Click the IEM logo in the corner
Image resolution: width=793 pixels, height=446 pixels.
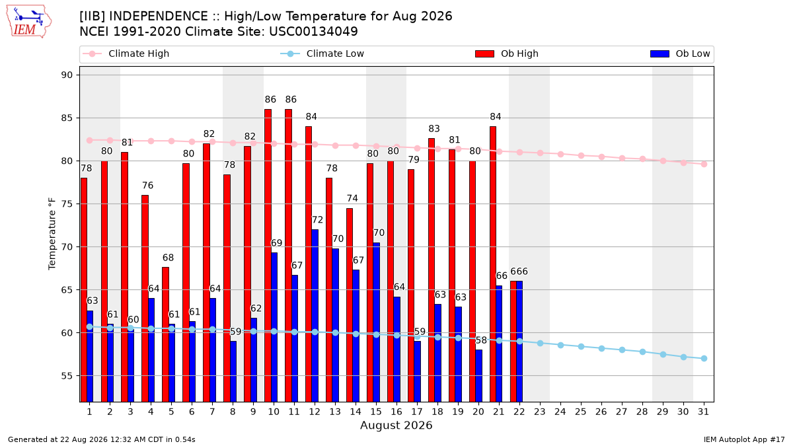pyautogui.click(x=28, y=21)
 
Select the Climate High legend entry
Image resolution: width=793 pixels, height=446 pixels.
pyautogui.click(x=126, y=54)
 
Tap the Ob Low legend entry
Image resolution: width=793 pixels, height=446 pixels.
pyautogui.click(x=680, y=54)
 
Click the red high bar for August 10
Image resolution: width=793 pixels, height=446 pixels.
pyautogui.click(x=268, y=255)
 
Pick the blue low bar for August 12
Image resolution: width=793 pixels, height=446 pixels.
pyautogui.click(x=315, y=315)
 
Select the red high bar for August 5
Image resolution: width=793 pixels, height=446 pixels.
pyautogui.click(x=166, y=334)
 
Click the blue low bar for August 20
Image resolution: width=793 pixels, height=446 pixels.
pyautogui.click(x=478, y=375)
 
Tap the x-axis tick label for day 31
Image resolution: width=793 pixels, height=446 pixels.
pyautogui.click(x=703, y=412)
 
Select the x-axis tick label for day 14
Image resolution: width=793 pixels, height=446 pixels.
pyautogui.click(x=356, y=412)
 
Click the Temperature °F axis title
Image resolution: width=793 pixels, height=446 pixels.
pyautogui.click(x=52, y=234)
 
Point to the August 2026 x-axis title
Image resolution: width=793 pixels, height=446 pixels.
pyautogui.click(x=396, y=425)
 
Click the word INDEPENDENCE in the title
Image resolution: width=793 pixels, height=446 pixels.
pyautogui.click(x=159, y=17)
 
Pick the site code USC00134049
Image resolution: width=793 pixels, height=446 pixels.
pyautogui.click(x=314, y=32)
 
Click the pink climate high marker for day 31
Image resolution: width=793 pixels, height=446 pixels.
pyautogui.click(x=704, y=165)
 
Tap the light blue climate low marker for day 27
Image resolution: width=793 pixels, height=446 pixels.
pyautogui.click(x=622, y=350)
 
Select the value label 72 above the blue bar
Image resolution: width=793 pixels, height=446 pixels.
pyautogui.click(x=317, y=220)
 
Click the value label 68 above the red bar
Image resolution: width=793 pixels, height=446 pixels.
pyautogui.click(x=168, y=258)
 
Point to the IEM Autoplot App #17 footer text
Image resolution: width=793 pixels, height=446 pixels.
pyautogui.click(x=744, y=439)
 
